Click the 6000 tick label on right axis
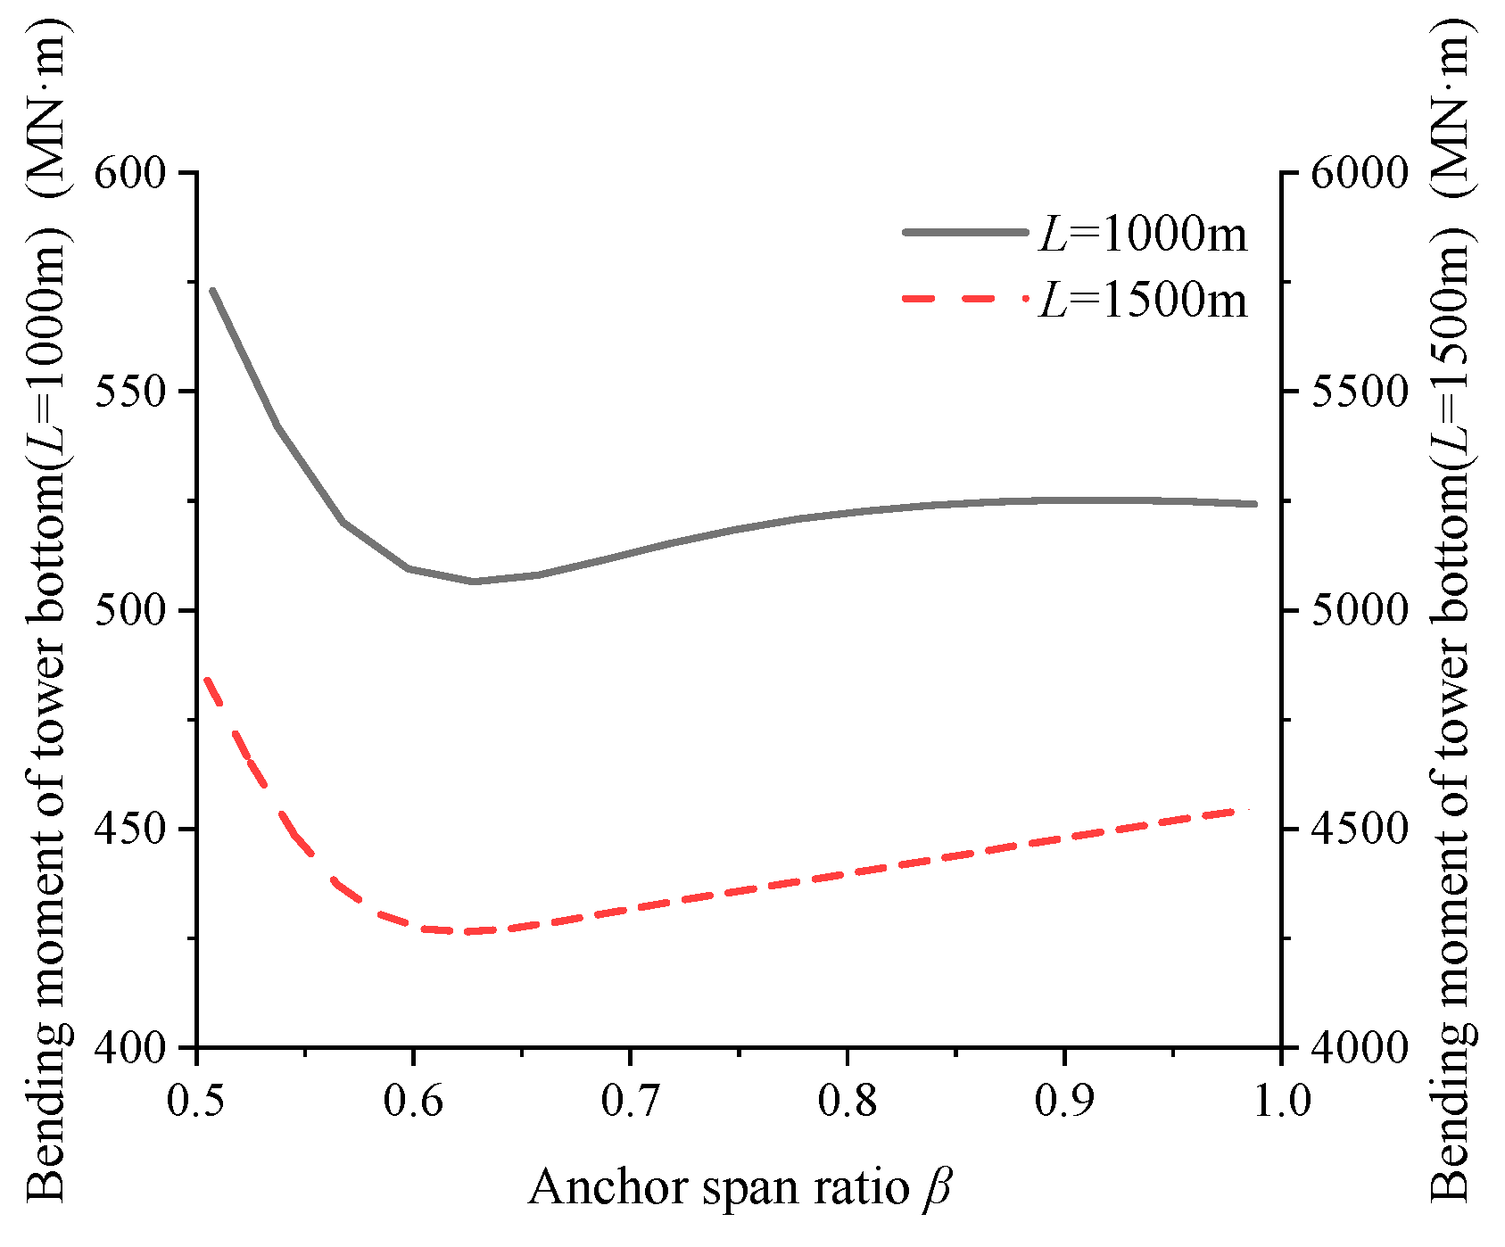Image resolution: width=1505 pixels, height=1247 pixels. [x=1358, y=172]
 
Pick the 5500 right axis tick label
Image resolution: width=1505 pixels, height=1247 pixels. [x=1358, y=392]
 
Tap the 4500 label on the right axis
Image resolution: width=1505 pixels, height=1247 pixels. [x=1358, y=830]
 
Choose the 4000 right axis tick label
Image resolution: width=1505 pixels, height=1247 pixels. [x=1358, y=1048]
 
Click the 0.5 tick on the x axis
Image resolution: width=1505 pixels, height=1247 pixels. [x=196, y=1101]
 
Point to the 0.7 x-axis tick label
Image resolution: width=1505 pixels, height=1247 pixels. [x=630, y=1101]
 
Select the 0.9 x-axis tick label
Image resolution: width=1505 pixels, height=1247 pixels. [x=1063, y=1101]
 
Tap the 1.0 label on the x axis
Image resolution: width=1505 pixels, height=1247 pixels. [x=1281, y=1101]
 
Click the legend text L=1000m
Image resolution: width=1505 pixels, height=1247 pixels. [x=1143, y=235]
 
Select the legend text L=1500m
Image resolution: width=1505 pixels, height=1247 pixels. [x=1143, y=301]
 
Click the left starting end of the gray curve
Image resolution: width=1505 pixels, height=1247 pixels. [x=212, y=290]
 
